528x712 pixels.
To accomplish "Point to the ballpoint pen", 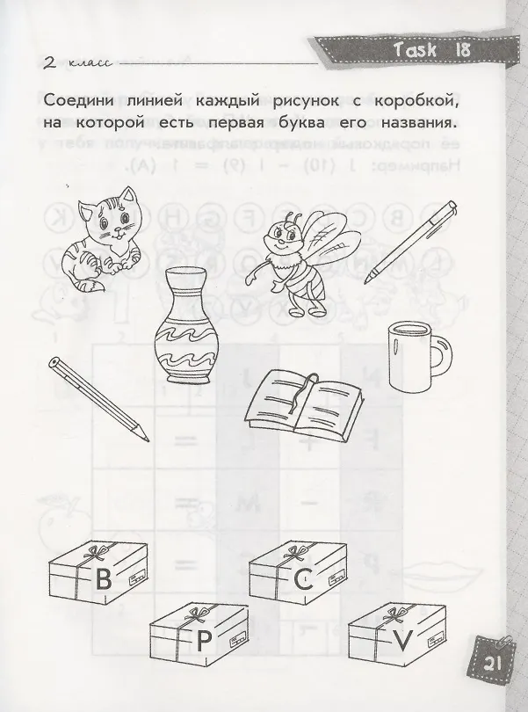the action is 410,242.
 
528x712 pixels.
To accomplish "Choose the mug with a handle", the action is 418,358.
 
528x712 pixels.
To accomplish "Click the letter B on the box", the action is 104,580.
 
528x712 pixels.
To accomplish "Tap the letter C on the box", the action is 303,579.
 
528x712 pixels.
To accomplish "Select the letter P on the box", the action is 204,641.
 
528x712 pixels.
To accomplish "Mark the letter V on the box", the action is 402,640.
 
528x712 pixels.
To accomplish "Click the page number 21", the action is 492,665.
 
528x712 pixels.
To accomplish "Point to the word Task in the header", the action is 416,49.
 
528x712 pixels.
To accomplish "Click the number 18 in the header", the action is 462,49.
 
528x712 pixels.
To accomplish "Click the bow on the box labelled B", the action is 97,552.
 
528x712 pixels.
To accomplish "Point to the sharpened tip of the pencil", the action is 145,439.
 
